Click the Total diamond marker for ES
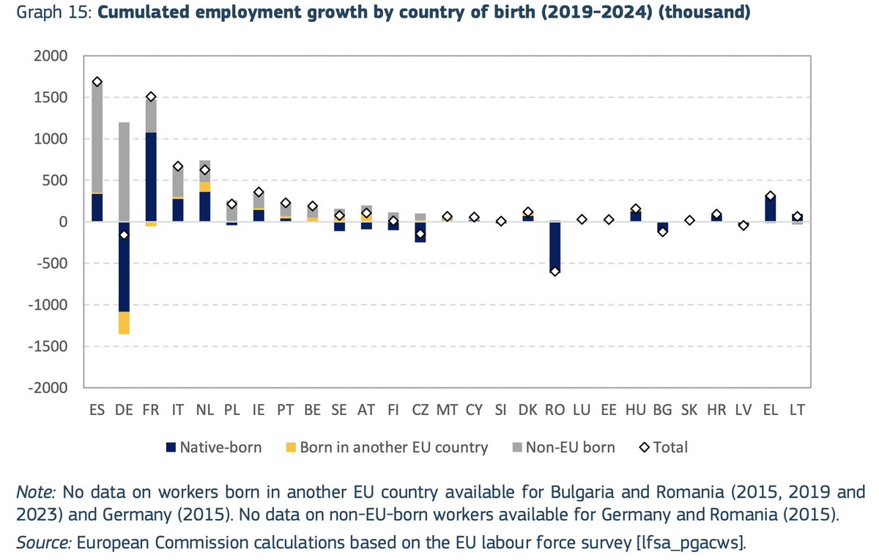click(97, 82)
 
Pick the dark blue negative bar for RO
click(555, 246)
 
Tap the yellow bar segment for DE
click(124, 323)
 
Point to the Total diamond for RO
click(555, 272)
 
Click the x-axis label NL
click(205, 411)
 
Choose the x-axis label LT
click(798, 411)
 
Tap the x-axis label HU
click(635, 411)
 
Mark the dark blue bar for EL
click(771, 209)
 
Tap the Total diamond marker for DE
click(124, 235)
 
